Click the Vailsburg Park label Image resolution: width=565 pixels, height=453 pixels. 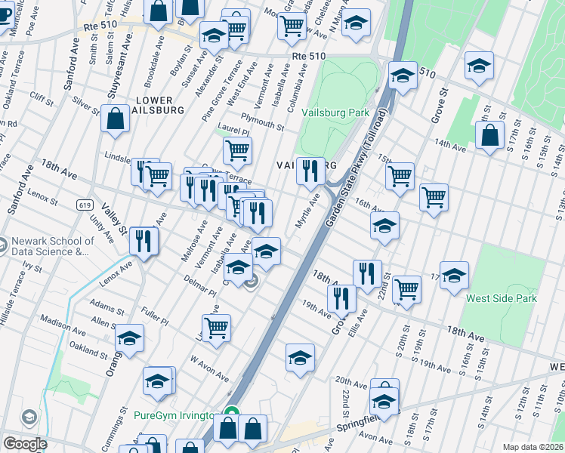[x=335, y=112]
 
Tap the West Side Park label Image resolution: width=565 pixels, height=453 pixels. [x=502, y=298]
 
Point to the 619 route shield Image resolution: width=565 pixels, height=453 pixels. [x=84, y=205]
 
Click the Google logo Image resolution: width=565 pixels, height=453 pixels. [x=24, y=444]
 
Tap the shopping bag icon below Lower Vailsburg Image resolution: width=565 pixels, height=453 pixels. [x=115, y=119]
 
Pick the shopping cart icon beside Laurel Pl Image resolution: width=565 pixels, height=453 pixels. [x=238, y=149]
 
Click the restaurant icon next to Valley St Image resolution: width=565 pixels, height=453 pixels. [x=143, y=242]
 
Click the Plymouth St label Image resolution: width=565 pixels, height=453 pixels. [x=260, y=117]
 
